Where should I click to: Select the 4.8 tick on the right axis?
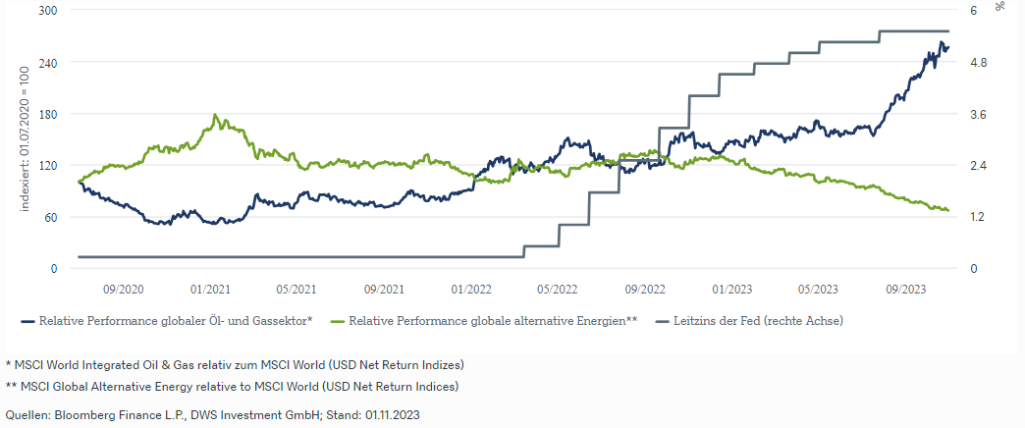coord(978,63)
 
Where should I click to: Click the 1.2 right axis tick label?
coord(978,217)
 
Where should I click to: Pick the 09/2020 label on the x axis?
coord(123,290)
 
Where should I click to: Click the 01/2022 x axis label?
coord(471,290)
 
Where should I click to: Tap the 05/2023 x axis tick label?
coord(818,290)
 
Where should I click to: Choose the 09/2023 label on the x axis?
coord(905,290)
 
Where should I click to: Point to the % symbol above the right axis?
coord(1000,7)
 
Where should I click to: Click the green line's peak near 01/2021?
coord(215,116)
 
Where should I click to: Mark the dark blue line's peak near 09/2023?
coord(942,42)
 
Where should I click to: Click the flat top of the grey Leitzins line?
coord(913,31)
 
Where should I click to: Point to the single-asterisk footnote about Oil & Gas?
coord(235,364)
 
